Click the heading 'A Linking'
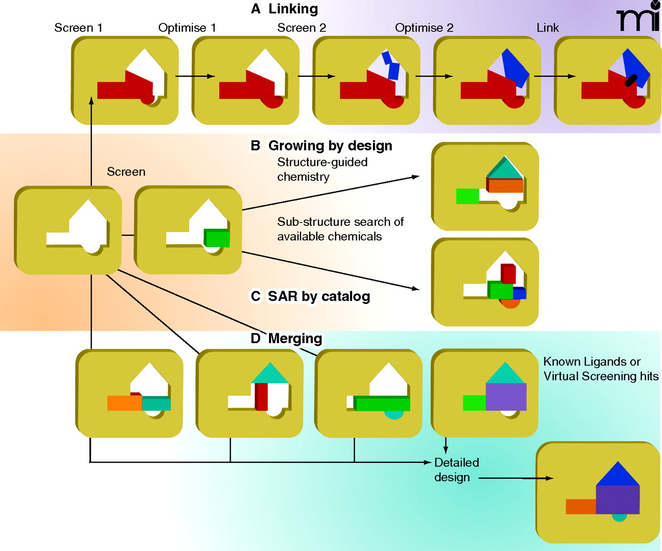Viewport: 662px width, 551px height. click(x=285, y=9)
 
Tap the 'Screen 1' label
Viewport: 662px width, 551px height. click(x=78, y=28)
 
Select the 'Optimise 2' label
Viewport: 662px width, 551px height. click(x=424, y=28)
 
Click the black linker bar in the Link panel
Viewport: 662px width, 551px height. click(x=631, y=80)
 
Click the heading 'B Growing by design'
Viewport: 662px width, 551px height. click(x=321, y=146)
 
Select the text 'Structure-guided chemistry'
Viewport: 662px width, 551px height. click(x=322, y=170)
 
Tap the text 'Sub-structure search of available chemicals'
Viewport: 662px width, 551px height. click(x=340, y=229)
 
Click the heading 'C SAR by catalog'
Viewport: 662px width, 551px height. click(x=310, y=296)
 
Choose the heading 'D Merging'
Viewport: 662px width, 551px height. click(x=287, y=339)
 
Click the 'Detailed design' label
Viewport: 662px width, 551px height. click(x=457, y=470)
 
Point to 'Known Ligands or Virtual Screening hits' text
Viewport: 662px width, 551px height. click(x=600, y=369)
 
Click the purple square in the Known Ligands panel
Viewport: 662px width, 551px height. click(x=506, y=397)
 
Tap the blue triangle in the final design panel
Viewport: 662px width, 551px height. click(x=618, y=475)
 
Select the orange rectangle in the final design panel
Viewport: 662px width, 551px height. click(x=581, y=507)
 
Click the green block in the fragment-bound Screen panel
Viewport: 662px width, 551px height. click(x=217, y=238)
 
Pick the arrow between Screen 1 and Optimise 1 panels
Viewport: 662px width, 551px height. click(x=195, y=76)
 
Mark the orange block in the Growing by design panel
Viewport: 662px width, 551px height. click(x=506, y=186)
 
